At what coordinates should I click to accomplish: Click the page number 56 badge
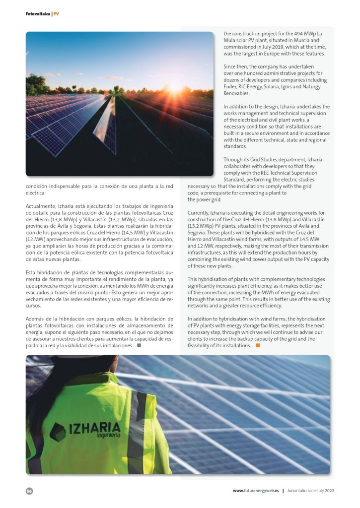click(29, 491)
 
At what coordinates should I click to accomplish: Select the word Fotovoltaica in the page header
click(38, 14)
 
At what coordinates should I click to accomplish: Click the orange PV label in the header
click(56, 14)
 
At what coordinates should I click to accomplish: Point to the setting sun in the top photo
click(176, 87)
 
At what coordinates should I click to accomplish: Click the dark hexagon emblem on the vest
click(58, 432)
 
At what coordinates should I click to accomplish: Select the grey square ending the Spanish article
click(139, 346)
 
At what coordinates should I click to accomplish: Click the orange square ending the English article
click(258, 345)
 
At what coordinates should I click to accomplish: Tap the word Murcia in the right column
click(293, 40)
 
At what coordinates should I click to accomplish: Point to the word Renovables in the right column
click(236, 93)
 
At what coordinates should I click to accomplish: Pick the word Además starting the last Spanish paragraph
click(35, 318)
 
